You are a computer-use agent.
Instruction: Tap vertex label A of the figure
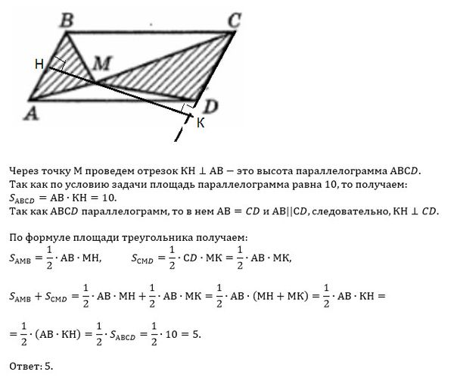(31, 114)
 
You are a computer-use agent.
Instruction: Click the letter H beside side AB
(39, 66)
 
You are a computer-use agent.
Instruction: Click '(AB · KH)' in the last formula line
(70, 333)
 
